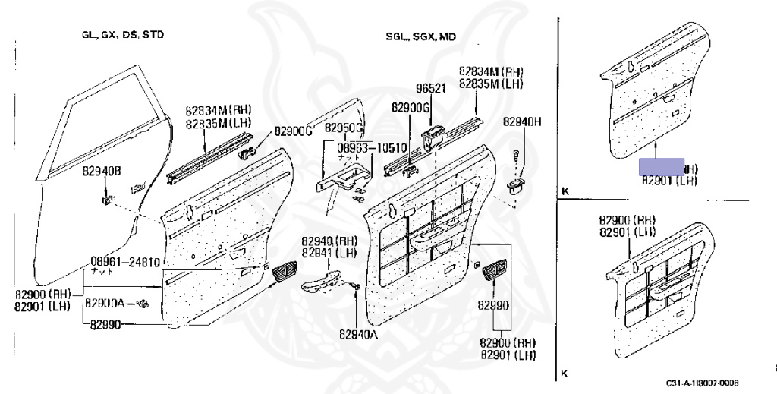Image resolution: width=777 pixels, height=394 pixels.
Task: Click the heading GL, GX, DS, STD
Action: click(x=123, y=35)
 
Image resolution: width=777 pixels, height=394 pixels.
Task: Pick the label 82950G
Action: click(x=344, y=127)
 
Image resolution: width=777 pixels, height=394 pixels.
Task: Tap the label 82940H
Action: click(x=522, y=121)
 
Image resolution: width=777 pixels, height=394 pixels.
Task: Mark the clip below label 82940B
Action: click(x=105, y=200)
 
